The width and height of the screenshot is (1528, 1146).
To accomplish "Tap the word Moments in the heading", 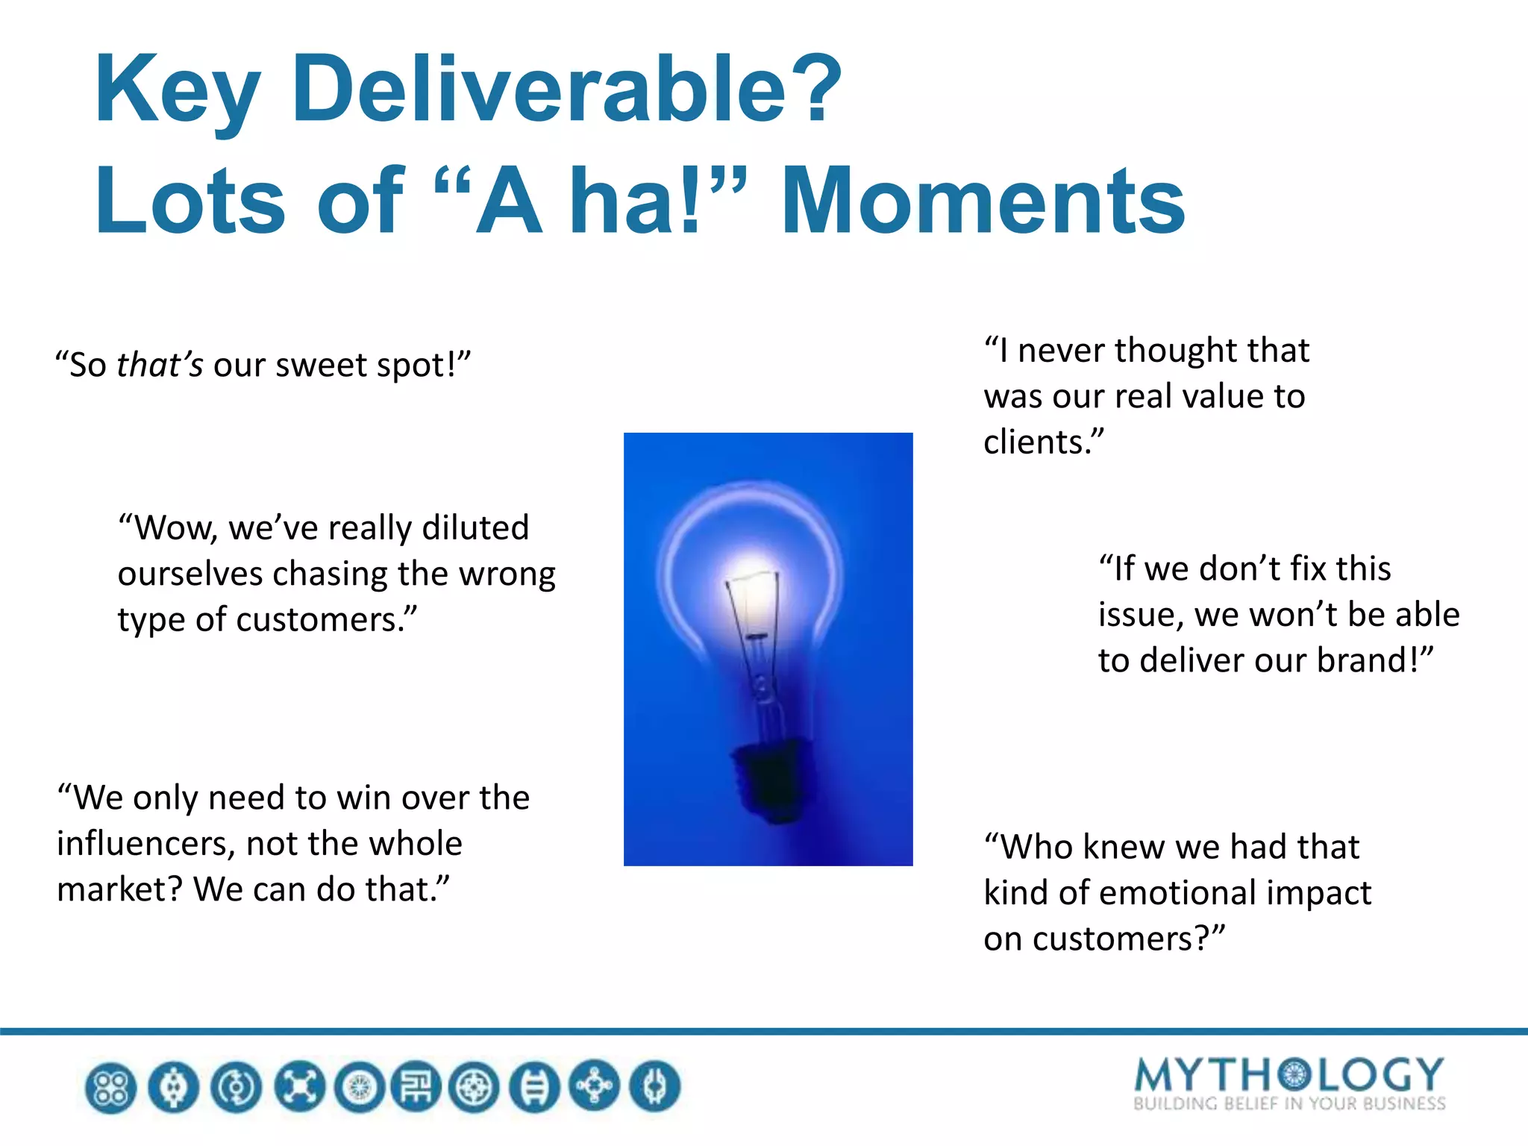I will point(983,201).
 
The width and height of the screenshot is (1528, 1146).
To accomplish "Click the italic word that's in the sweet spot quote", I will point(160,365).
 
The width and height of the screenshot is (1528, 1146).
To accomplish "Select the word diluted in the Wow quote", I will point(475,527).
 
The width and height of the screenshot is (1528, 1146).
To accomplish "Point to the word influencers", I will point(145,844).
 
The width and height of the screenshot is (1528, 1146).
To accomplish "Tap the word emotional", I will point(1197,892).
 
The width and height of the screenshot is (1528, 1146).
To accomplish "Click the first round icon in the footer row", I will point(111,1087).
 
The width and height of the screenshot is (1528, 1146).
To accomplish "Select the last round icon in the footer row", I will point(654,1087).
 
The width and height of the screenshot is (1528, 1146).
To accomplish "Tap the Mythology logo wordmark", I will point(1289,1074).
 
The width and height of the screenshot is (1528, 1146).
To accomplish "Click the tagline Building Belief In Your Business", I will point(1289,1104).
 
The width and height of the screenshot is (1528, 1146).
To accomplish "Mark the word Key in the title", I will point(178,91).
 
